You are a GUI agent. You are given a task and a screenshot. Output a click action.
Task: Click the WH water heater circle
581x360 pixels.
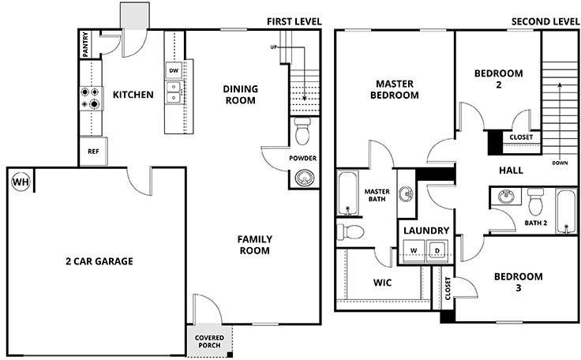[x=21, y=182]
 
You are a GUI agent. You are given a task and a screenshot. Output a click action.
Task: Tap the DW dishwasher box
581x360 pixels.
[x=174, y=70]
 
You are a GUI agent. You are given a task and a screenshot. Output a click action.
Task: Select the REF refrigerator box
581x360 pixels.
[x=93, y=152]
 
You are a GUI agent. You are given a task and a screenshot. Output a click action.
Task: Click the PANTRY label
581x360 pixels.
[x=85, y=44]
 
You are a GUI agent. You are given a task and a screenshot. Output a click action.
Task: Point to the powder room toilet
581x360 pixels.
[x=302, y=131]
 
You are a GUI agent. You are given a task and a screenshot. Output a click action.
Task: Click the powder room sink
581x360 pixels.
[x=304, y=178]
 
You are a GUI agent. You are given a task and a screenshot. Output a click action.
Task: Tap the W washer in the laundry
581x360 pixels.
[x=414, y=250]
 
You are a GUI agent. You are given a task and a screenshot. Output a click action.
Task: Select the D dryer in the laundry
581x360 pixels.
[x=437, y=250]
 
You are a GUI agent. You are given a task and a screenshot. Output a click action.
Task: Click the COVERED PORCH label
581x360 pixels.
[x=209, y=342]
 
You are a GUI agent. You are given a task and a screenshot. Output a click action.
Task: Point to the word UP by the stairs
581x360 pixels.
[x=274, y=47]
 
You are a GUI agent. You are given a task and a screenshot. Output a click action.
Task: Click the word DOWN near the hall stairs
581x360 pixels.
[x=560, y=163]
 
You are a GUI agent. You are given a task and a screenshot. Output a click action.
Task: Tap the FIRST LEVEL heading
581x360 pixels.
[x=294, y=21]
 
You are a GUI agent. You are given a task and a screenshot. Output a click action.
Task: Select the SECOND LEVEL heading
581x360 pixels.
[x=545, y=21]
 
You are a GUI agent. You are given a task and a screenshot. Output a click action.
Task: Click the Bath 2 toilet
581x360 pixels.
[x=535, y=201]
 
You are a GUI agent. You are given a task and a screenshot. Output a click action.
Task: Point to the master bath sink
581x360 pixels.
[x=407, y=193]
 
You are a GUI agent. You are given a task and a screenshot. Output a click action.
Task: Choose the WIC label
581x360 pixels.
[x=382, y=283]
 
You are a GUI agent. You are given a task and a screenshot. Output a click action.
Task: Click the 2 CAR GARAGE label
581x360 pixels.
[x=99, y=261]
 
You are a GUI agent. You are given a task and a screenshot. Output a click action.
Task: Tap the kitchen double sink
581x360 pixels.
[x=174, y=92]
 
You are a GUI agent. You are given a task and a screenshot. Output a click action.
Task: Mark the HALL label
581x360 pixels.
[x=511, y=171]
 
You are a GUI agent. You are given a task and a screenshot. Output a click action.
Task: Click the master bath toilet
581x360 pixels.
[x=350, y=232]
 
